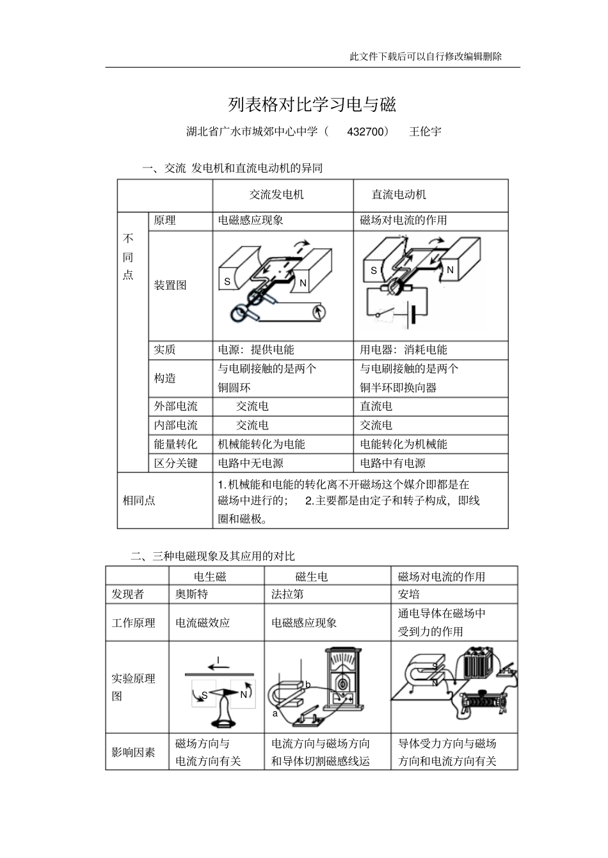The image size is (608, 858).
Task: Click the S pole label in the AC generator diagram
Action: pos(227,282)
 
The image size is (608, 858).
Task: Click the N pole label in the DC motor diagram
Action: pos(450,270)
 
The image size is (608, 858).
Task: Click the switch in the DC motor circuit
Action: pos(384,314)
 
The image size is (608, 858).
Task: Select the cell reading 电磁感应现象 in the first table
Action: pos(251,220)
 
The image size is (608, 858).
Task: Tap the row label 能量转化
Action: pos(175,444)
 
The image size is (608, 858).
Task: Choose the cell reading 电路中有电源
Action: pos(392,463)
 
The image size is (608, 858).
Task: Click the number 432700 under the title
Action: pos(368,132)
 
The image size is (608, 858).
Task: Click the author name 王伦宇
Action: pos(425,132)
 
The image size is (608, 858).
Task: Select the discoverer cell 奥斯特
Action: pos(192,594)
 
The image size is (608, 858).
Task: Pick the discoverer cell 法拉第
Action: pos(287,594)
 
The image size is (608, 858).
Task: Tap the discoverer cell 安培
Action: pos(409,594)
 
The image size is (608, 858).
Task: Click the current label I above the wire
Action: pos(218,660)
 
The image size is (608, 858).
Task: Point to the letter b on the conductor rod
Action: pos(308,685)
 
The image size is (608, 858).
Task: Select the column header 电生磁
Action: pos(210,576)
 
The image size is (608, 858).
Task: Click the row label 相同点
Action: pos(139,501)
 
